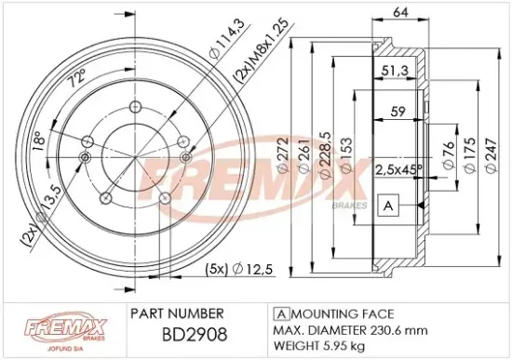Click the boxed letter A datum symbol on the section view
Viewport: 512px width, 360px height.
[x=387, y=205]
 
